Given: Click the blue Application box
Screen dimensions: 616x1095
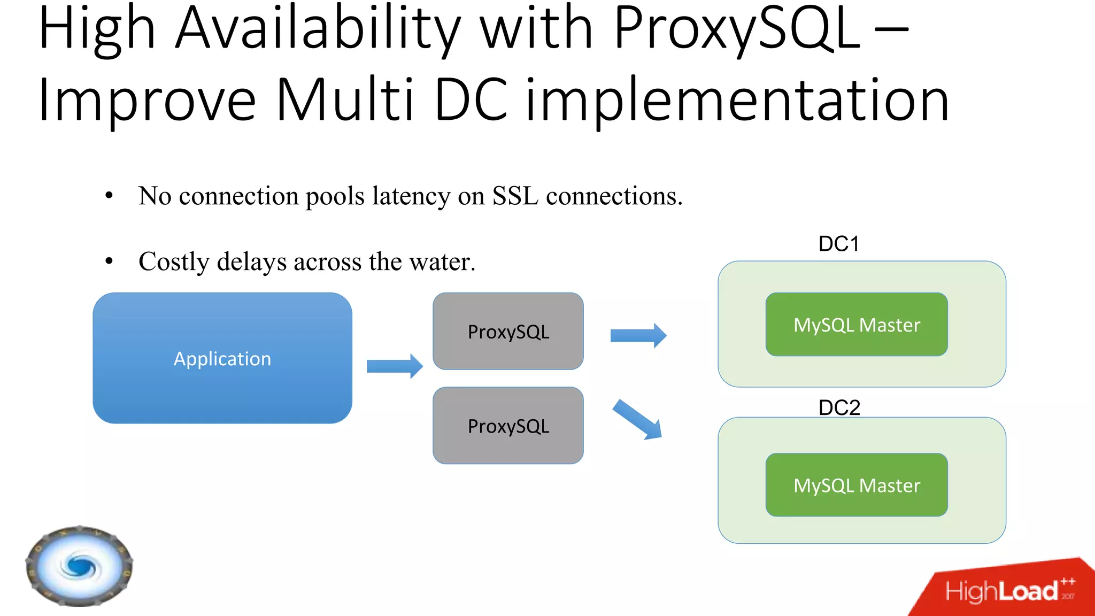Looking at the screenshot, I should coord(222,358).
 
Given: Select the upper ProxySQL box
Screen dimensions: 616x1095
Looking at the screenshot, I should coord(508,332).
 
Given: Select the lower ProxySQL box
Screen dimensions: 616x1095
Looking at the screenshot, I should coord(508,426).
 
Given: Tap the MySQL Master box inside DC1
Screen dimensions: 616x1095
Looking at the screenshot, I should coord(857,325).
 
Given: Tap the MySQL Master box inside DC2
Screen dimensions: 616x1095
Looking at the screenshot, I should coord(857,485).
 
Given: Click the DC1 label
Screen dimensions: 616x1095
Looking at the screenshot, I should coord(838,244).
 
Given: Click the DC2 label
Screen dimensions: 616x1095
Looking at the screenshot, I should coord(839,407).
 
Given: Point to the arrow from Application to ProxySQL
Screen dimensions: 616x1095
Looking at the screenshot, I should coord(395,366).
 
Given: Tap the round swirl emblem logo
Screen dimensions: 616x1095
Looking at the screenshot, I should coord(79,566).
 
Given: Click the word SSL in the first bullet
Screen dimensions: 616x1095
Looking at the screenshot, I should coord(515,196).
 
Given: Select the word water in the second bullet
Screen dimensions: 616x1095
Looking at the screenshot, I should coord(442,261).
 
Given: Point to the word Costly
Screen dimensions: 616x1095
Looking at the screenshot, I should coord(174,261).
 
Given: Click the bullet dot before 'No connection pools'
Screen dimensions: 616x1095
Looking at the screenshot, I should coord(109,196).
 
